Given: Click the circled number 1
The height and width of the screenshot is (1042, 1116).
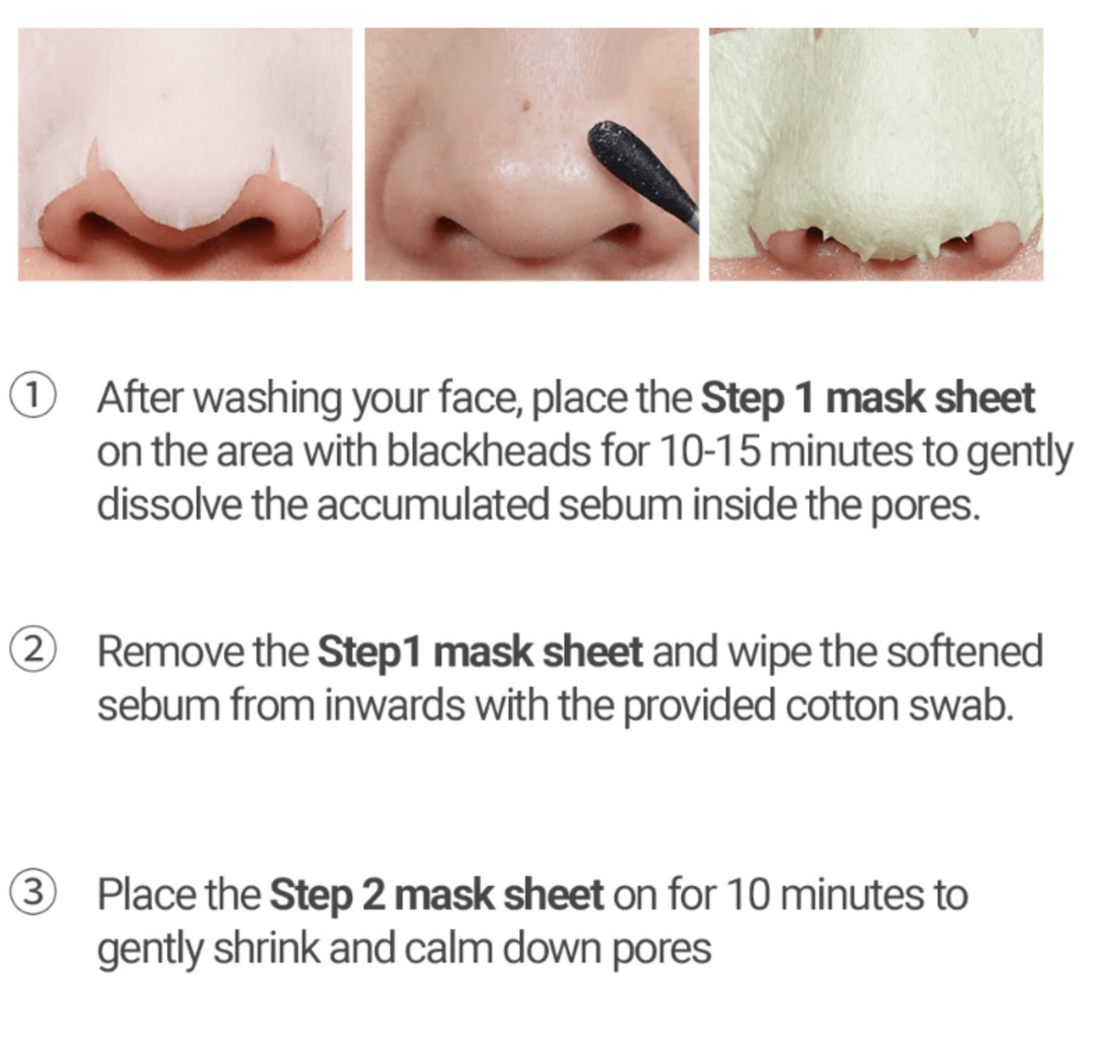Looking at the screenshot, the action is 31,398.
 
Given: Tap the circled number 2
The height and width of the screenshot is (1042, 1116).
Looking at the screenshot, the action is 31,651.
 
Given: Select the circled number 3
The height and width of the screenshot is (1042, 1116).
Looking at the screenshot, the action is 31,894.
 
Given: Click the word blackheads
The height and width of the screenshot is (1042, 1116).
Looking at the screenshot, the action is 488,451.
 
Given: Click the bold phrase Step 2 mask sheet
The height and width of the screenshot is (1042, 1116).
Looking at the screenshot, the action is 437,896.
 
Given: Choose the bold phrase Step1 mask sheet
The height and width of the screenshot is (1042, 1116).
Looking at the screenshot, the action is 480,653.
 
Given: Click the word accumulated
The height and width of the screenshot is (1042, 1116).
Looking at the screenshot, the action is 433,506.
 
